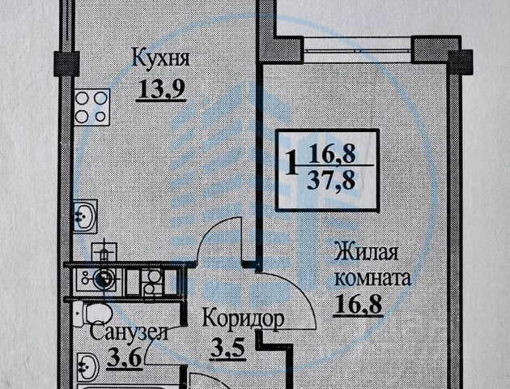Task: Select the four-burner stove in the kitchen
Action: click(92, 106)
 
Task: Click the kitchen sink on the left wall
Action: click(84, 216)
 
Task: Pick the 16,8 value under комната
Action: click(355, 304)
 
